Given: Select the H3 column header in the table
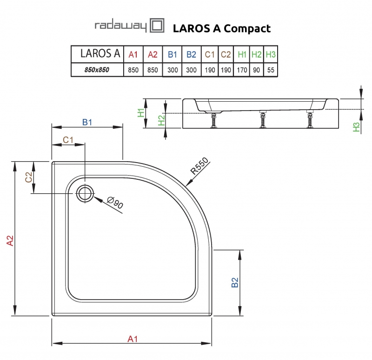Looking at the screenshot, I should coord(271,54).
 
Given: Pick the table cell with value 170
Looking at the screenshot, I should coord(242,70).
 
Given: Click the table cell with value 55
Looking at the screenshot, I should coord(271,70).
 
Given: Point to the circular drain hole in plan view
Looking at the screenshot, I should coord(85,193).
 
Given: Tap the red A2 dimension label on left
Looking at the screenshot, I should coord(10,240).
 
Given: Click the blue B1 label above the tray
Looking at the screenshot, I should coord(87,122).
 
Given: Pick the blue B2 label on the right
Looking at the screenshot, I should coord(235,282).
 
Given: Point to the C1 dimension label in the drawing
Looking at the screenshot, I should coord(68,139).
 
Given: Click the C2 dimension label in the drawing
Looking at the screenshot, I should coord(28,177).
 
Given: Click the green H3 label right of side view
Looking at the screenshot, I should coord(357,127).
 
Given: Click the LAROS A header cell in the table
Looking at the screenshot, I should coord(97,54).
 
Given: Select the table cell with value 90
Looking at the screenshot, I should coord(256,70).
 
